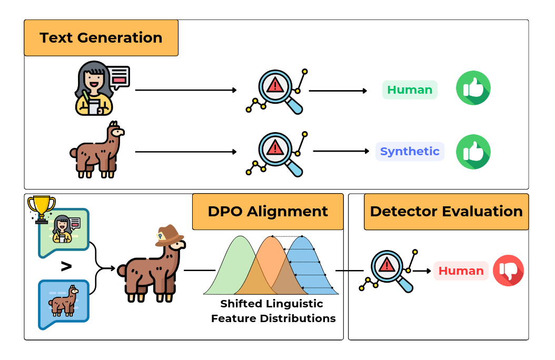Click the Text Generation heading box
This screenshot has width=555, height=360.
(x=101, y=38)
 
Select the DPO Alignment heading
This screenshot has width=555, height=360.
(x=267, y=212)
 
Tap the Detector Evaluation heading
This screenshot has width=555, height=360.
(x=446, y=212)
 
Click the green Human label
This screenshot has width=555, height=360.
(x=410, y=90)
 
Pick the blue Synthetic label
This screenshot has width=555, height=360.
(x=410, y=152)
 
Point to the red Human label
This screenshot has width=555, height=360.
(x=461, y=271)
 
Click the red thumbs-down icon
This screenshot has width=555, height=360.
(x=508, y=271)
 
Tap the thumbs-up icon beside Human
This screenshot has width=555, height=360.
(x=473, y=88)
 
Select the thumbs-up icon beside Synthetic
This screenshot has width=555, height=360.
(x=473, y=152)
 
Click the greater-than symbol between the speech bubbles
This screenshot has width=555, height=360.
(x=66, y=267)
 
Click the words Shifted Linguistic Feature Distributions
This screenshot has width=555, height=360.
(x=273, y=311)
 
